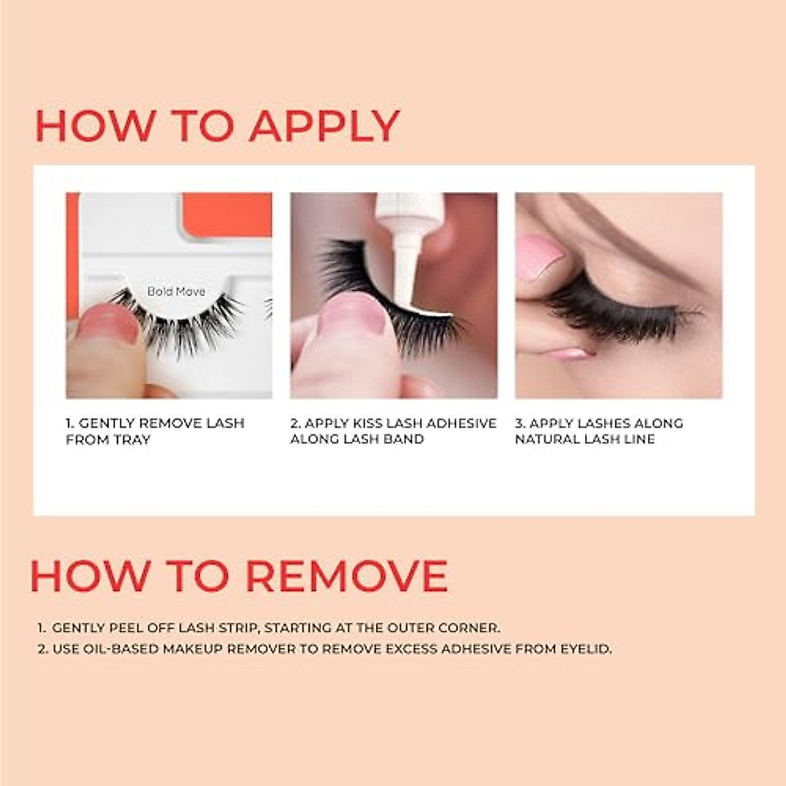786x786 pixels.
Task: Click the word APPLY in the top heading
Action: tap(324, 126)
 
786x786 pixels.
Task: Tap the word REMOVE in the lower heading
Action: tap(346, 576)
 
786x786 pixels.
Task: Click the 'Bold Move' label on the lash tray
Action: tap(176, 291)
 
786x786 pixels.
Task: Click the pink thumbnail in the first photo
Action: tap(108, 324)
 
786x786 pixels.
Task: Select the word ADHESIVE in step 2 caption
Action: tap(464, 424)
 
